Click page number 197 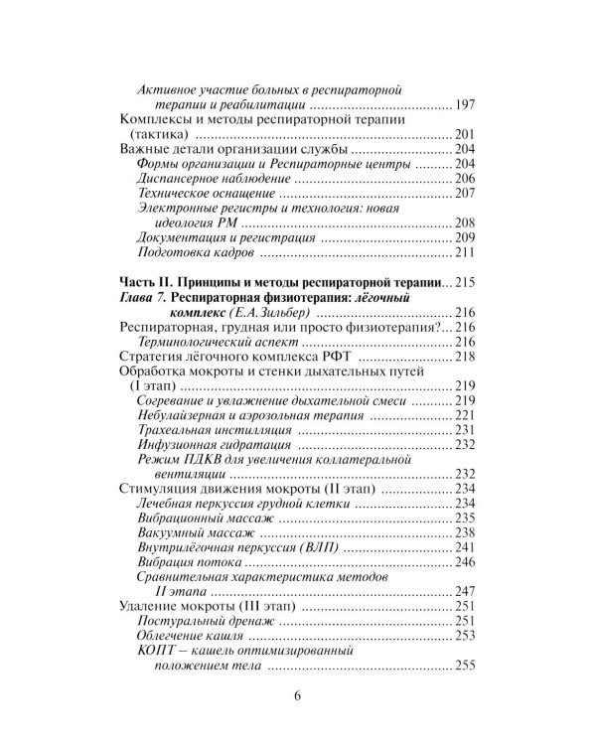467,104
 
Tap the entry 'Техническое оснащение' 199,193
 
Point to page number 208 467,223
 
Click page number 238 467,533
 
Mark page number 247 467,593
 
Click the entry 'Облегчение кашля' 189,637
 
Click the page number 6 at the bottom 297,696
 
